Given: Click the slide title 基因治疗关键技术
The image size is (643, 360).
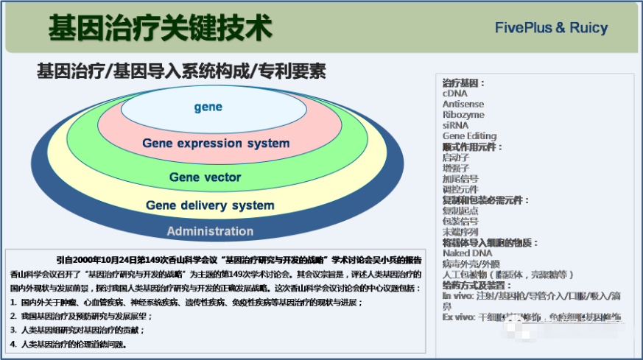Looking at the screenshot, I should tap(160, 28).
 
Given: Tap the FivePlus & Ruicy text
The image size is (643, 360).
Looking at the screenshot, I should tap(551, 28).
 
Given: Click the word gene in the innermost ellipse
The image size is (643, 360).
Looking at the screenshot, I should tap(208, 107).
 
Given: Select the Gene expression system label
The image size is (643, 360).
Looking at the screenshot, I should tap(216, 143).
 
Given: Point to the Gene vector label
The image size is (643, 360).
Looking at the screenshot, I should tap(205, 177).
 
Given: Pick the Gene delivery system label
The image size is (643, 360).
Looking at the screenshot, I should tap(210, 205).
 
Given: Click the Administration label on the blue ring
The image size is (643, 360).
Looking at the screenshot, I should tap(210, 231).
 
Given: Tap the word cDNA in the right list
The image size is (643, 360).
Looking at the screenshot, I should tap(454, 93).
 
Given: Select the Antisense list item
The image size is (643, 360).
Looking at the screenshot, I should tap(463, 105).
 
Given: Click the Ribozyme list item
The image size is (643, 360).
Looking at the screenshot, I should tap(463, 115).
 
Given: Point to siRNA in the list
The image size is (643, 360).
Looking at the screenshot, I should tap(455, 125).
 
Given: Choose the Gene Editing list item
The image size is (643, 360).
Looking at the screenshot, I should tap(469, 136).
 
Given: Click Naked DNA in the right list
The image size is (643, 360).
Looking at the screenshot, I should tap(467, 253).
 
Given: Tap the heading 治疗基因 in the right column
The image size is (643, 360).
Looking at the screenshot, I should tap(463, 83).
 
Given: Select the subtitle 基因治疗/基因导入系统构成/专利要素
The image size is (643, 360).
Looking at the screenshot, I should tap(181, 72).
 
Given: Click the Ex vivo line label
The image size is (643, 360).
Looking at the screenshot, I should tap(457, 317).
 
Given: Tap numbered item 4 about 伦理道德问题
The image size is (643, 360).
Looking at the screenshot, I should tap(74, 344).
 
